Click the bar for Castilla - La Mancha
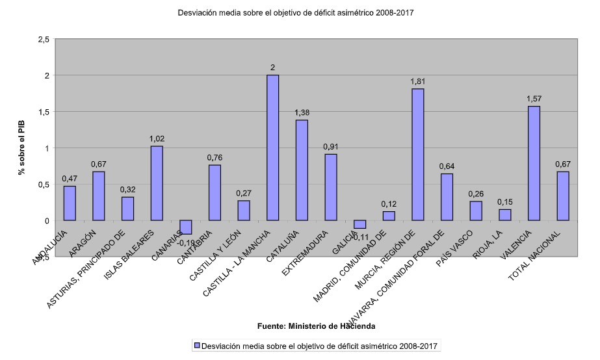pos(272,148)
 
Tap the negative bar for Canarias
pos(185,227)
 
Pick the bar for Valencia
pos(534,163)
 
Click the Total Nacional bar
pos(563,196)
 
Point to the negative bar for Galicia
pos(359,224)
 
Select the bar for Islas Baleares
pos(156,183)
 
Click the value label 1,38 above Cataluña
pos(302,113)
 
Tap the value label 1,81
pos(417,82)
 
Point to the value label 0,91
pos(330,147)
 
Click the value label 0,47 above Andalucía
pos(70,179)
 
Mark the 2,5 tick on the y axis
pos(44,40)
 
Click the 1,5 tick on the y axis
pos(44,112)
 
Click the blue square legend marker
pos(196,345)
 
